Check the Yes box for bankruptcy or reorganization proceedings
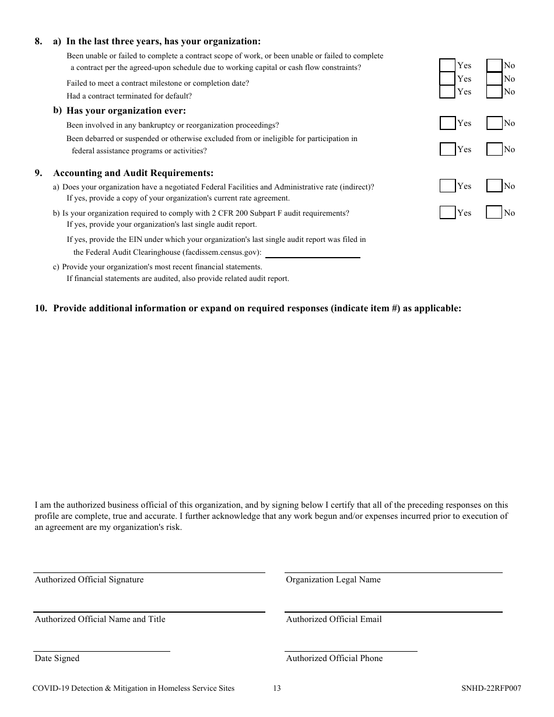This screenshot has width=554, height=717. coord(447,123)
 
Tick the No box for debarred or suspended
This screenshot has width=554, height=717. coord(494,149)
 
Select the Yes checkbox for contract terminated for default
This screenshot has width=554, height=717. coord(447,92)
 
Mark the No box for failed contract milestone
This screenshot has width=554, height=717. coord(494,79)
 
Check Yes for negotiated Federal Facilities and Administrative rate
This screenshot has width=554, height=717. coord(447,186)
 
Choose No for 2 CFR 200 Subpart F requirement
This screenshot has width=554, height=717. coord(494,213)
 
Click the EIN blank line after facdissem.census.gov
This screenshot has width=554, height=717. coord(313,253)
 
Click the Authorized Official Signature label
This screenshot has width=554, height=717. coord(89,579)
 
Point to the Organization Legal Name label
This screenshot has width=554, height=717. coord(333,579)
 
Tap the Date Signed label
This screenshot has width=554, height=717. coord(57,658)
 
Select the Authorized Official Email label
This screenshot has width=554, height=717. coord(334,619)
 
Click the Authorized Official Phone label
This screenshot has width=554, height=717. coord(334,658)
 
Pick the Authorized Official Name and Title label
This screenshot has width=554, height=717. coord(100,619)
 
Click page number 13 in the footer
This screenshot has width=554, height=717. coord(276,688)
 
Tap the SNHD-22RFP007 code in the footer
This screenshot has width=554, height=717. coord(491,688)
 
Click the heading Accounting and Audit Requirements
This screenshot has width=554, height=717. coord(134,173)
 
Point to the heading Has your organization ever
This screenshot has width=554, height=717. coord(126,111)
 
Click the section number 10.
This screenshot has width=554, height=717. coord(40,308)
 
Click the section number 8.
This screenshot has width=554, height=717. coord(38,41)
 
